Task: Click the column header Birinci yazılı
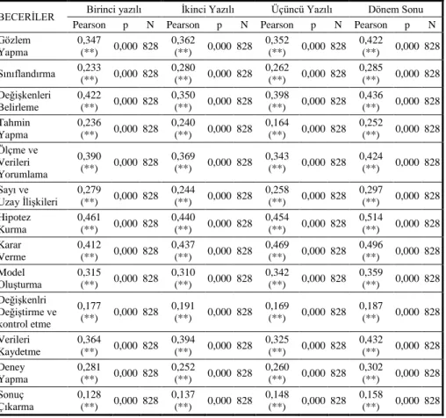tap(114, 10)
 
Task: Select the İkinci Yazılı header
tap(208, 10)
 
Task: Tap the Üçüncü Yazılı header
tap(301, 10)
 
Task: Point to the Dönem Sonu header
tap(396, 10)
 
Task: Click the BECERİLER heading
tap(27, 17)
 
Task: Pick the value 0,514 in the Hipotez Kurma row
tap(370, 217)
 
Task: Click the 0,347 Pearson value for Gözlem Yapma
tap(89, 40)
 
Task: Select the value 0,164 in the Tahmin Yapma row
tap(277, 123)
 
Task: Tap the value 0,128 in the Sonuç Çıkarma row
tap(89, 394)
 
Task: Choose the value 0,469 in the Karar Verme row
tap(277, 245)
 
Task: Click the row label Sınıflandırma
tap(27, 74)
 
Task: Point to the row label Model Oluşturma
tap(20, 278)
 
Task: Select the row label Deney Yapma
tap(14, 373)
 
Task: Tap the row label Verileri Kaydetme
tap(20, 346)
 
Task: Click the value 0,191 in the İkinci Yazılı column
tap(183, 306)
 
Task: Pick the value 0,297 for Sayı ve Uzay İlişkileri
tap(370, 190)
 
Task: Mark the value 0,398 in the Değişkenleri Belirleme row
tap(277, 95)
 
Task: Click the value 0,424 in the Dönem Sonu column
tap(370, 156)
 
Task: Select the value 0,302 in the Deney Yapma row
tap(370, 367)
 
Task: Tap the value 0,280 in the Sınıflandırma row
tap(183, 68)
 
